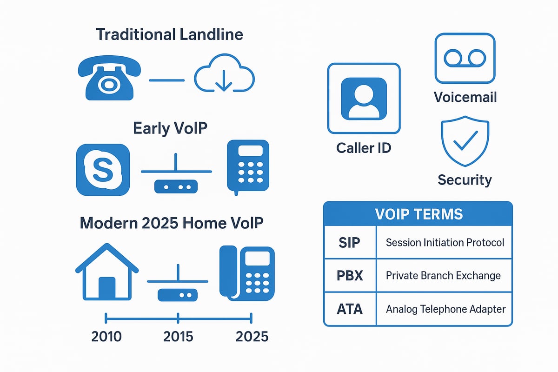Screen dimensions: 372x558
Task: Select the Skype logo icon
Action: point(103,169)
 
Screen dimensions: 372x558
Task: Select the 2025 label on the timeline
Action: point(252,336)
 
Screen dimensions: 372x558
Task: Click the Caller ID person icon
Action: point(364,98)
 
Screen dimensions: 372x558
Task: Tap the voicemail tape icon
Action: point(465,58)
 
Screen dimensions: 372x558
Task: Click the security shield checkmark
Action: point(465,141)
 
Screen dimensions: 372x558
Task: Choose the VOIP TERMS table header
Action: point(418,214)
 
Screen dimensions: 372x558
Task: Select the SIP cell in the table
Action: point(349,242)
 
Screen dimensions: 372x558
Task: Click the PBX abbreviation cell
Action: point(349,275)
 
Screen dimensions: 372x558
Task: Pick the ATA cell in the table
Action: point(349,309)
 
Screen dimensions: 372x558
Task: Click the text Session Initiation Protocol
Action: point(445,242)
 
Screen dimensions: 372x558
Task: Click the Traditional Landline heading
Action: point(169,34)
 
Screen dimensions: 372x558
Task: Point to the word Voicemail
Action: point(465,97)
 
